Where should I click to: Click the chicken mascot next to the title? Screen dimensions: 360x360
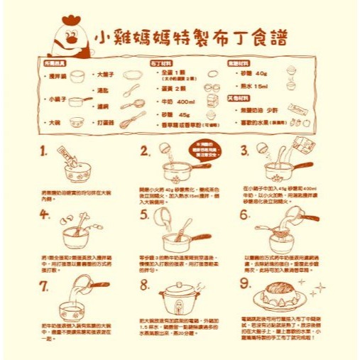pos(70,39)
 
